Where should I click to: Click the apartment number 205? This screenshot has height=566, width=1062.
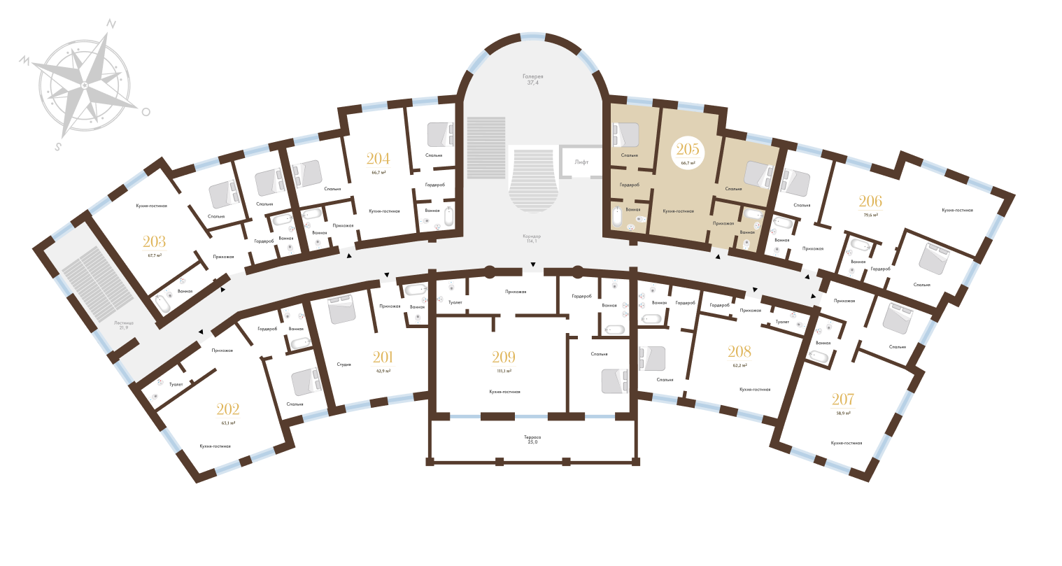point(686,150)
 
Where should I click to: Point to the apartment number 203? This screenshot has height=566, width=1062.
point(154,243)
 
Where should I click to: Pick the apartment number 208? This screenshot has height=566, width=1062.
point(739,352)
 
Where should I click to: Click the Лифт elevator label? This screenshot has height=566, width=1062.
point(581,162)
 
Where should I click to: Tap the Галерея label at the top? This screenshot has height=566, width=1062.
point(532,76)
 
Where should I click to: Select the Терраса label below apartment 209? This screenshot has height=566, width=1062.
point(532,439)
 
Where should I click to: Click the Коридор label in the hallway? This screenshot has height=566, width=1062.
point(532,236)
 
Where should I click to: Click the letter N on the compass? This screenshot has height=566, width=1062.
point(111,23)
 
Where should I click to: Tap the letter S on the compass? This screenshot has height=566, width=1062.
point(59,147)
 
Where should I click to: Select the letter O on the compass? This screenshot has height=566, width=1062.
point(146,111)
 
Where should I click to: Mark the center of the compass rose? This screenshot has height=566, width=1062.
point(84,85)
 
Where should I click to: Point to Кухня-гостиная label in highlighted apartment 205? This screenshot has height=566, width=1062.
point(679,211)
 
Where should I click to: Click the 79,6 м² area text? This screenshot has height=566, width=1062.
point(870,215)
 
